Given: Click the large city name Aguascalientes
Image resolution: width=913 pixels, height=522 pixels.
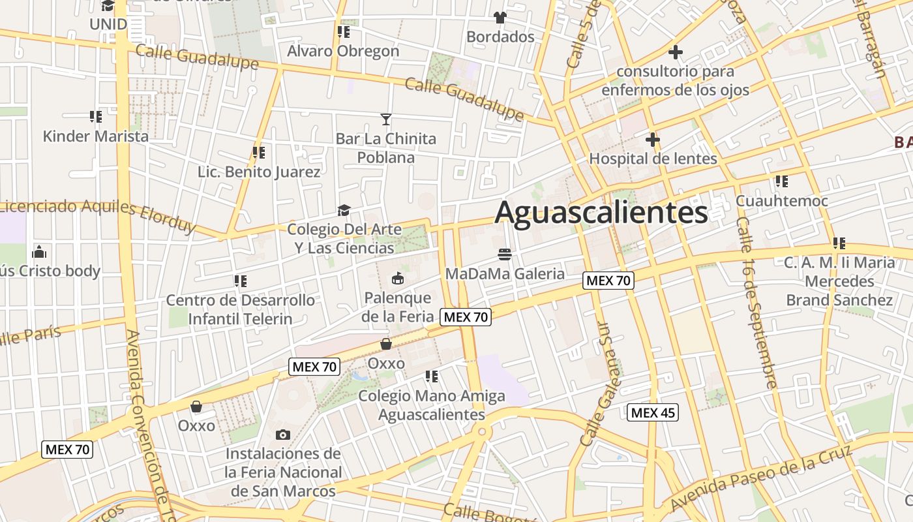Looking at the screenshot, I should click(x=601, y=213).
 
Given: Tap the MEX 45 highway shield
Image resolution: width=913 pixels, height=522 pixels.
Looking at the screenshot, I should click(x=653, y=412).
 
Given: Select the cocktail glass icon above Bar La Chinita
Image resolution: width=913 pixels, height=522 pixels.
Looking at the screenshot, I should click(x=386, y=119).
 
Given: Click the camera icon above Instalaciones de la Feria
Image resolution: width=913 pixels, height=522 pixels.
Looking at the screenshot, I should click(x=283, y=435).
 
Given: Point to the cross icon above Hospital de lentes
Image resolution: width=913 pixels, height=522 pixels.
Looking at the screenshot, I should click(x=652, y=140).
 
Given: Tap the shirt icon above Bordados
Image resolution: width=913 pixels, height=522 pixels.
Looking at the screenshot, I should click(x=500, y=18).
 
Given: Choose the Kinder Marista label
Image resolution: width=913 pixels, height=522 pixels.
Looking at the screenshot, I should click(x=96, y=136).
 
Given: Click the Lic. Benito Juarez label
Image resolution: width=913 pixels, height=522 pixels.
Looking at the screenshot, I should click(x=259, y=172).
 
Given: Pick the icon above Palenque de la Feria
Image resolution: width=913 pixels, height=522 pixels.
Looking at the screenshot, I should click(x=397, y=279).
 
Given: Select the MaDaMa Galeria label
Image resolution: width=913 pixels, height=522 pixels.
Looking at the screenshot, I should click(x=505, y=273).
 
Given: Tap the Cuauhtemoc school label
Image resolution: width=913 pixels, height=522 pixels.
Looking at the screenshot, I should click(x=782, y=201).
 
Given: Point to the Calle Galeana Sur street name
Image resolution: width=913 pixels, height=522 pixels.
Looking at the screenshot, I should click(x=604, y=384).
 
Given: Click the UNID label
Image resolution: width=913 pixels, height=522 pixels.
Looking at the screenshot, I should click(x=108, y=24).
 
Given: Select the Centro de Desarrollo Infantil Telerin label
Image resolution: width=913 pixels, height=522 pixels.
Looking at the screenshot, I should click(x=241, y=309).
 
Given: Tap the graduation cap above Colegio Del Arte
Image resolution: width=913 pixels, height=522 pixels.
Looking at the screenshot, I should click(x=344, y=210).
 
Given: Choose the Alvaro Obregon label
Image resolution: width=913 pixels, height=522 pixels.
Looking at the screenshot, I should click(x=343, y=51).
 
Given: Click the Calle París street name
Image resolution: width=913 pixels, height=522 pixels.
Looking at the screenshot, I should click(x=29, y=337).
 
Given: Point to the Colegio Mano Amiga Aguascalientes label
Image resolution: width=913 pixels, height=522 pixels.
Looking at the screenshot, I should click(x=432, y=405).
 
